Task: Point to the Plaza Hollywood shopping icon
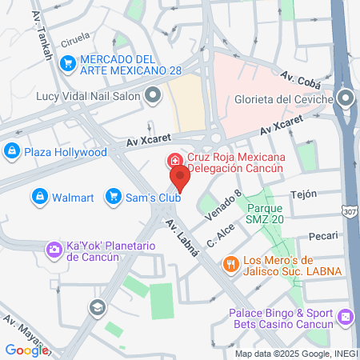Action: [11, 150]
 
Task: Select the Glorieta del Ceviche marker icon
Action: [346, 98]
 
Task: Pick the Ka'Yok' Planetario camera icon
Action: [53, 250]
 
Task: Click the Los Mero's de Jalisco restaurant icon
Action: [230, 263]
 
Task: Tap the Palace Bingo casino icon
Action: [345, 318]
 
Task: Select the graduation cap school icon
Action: [97, 306]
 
